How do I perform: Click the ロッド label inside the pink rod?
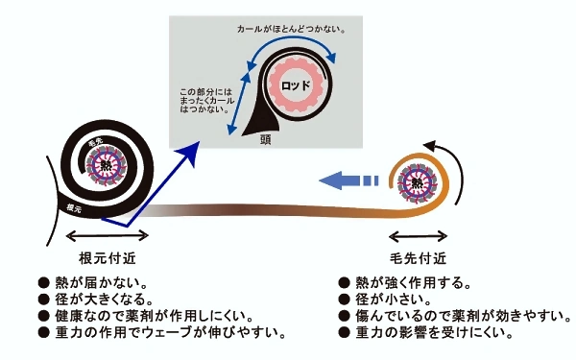tap(295, 84)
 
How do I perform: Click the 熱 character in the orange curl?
tap(418, 181)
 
